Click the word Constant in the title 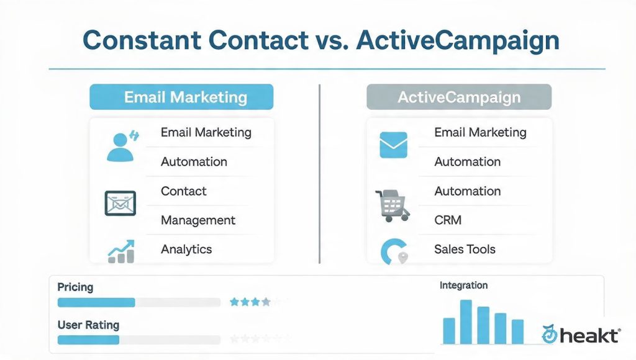tap(142, 40)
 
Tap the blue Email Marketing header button tap(181, 97)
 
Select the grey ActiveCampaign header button tap(459, 97)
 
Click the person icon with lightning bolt tap(122, 146)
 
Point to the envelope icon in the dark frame tap(120, 203)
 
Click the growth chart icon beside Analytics tap(121, 251)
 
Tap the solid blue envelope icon tap(393, 145)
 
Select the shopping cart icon tap(392, 206)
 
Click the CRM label tap(448, 220)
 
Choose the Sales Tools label tap(465, 249)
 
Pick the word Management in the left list tap(198, 220)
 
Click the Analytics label tap(186, 250)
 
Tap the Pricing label tap(75, 287)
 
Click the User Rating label tap(88, 325)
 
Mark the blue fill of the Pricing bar tap(96, 302)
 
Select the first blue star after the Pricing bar tap(234, 302)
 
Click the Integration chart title tap(463, 286)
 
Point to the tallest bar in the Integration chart tap(466, 322)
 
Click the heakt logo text tap(590, 336)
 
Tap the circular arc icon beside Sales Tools tap(388, 251)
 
